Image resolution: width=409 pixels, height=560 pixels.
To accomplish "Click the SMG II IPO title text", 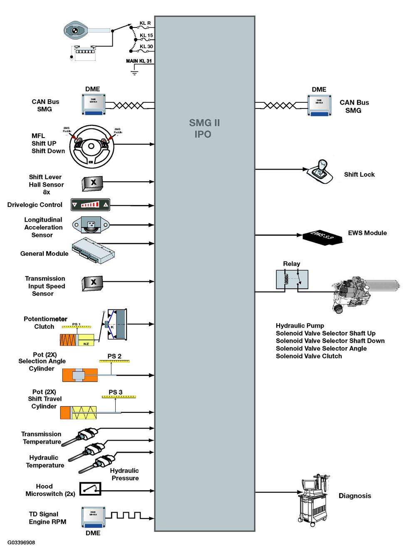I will (x=204, y=128).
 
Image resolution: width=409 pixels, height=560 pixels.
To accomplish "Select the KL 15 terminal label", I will (x=146, y=36).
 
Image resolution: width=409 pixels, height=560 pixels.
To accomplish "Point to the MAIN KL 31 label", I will (x=139, y=61).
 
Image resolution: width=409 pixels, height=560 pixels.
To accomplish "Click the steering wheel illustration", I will (x=91, y=146).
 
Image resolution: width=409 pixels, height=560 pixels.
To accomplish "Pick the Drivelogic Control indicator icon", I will (x=90, y=205).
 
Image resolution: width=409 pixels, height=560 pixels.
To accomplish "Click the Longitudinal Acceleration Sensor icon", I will (x=91, y=225).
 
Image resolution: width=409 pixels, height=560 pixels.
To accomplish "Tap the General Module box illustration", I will (x=93, y=251).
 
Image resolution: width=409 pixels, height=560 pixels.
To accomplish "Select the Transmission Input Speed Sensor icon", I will (x=92, y=282).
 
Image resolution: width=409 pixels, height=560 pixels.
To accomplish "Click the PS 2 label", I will (x=114, y=356).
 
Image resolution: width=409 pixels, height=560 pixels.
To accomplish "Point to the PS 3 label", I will (x=116, y=392).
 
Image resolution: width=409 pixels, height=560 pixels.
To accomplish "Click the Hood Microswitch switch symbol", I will (x=90, y=489).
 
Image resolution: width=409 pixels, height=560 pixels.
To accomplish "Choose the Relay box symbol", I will (x=292, y=279).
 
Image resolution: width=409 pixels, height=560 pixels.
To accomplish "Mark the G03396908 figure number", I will (x=21, y=543).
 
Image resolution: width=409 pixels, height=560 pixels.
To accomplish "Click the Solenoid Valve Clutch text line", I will (x=309, y=356).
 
